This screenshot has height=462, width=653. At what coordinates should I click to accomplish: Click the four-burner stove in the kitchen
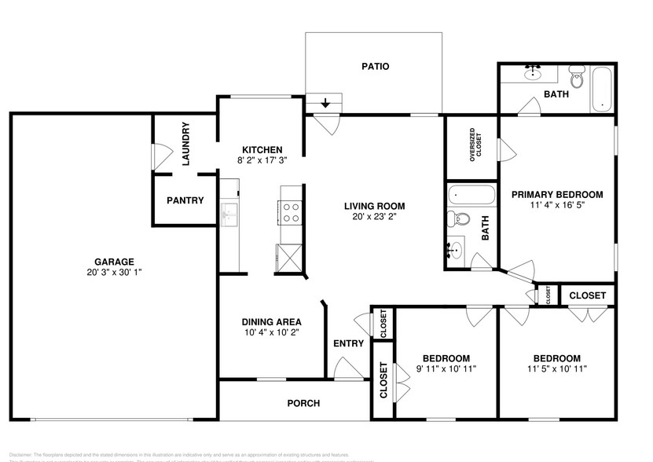pos(289,213)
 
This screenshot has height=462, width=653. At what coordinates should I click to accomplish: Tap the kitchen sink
pos(230,212)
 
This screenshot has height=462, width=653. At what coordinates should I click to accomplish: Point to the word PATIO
pos(375,67)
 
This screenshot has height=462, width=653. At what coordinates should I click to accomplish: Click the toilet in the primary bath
pos(578,79)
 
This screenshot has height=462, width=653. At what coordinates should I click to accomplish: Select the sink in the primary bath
pos(534,75)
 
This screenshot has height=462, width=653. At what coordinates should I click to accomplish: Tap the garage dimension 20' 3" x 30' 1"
pos(114,273)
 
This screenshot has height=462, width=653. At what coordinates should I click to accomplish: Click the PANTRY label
pos(185,200)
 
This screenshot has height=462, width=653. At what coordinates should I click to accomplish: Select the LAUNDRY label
pos(186,145)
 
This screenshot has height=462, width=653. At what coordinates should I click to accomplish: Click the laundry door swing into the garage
pos(160,153)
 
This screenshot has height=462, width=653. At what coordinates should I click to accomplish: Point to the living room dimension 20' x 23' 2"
pos(374,218)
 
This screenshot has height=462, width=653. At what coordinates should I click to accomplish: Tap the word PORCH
pos(303,403)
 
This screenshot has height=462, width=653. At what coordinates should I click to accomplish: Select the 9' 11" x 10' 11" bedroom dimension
pos(446,368)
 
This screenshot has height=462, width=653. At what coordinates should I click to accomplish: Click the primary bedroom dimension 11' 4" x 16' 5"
pos(556,205)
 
